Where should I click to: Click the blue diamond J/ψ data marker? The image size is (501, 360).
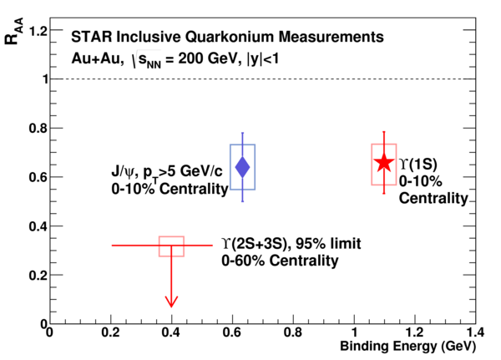[x=242, y=167]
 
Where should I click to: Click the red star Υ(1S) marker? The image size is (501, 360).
[x=384, y=162]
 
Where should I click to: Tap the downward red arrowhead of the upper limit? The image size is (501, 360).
[x=171, y=302]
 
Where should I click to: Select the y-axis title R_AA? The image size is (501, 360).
[x=13, y=32]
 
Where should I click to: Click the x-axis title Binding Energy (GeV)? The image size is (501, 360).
[x=407, y=347]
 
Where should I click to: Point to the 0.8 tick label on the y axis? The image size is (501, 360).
[x=38, y=128]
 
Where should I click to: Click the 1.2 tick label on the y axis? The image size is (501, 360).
[x=38, y=32]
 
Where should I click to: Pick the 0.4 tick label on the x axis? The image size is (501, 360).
[x=171, y=332]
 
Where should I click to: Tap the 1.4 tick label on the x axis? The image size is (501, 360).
[x=474, y=332]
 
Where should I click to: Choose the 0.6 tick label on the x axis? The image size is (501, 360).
[x=232, y=332]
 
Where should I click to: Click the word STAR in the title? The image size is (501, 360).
[x=92, y=37]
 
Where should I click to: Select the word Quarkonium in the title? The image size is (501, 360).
[x=230, y=37]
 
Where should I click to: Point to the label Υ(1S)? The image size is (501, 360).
[x=418, y=164]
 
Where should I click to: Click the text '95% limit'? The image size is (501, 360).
[x=328, y=244]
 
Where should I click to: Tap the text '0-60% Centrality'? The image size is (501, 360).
[x=280, y=261]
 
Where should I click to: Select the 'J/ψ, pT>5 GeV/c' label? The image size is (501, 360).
[x=167, y=173]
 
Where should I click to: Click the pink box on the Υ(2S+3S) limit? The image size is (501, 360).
[x=171, y=237]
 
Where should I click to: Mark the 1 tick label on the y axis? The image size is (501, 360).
[x=46, y=79]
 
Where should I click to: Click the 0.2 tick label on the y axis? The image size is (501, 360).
[x=38, y=275]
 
